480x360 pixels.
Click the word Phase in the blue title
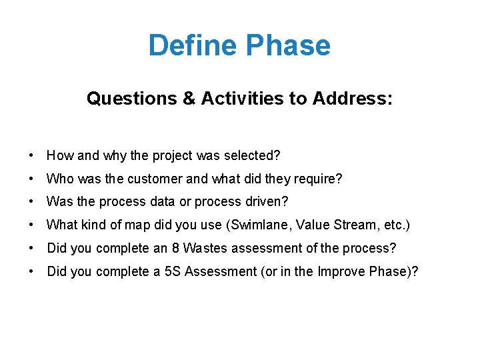coord(287,46)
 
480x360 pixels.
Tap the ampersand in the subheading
coord(188,99)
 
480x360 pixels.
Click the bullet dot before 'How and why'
coord(32,156)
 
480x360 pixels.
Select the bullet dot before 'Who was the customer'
coord(32,179)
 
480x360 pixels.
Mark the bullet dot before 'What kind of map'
coord(32,225)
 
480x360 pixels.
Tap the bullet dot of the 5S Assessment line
coord(32,271)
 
